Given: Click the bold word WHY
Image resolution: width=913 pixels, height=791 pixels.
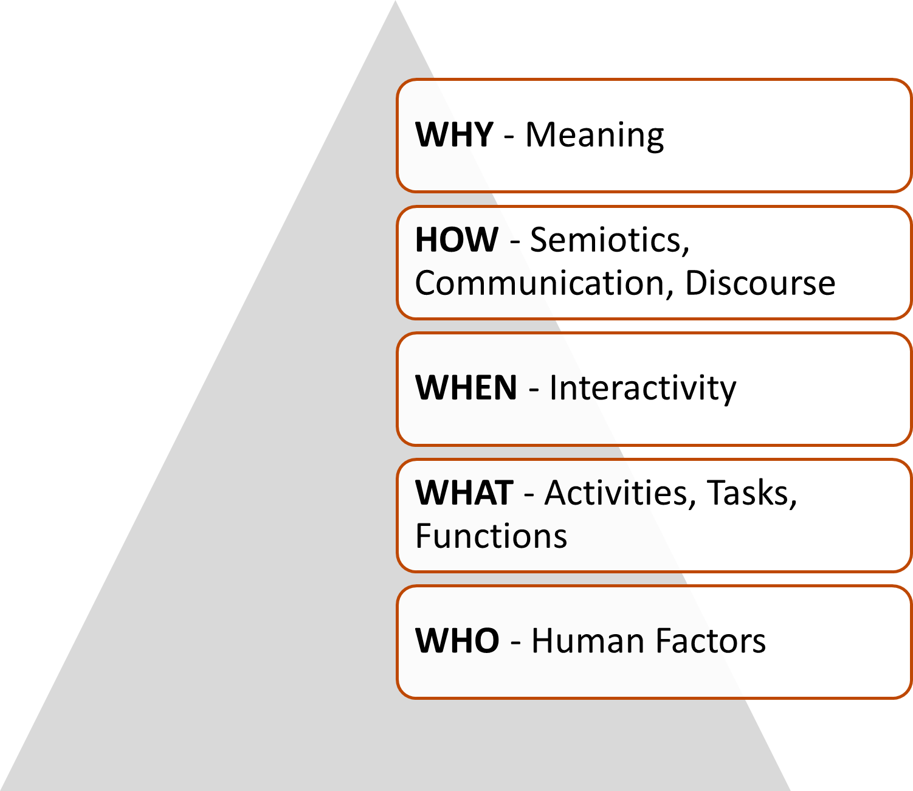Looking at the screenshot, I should click(x=453, y=134).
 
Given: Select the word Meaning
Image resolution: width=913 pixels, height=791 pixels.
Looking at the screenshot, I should click(x=594, y=136).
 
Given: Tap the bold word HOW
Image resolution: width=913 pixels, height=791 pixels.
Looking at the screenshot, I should click(x=456, y=240).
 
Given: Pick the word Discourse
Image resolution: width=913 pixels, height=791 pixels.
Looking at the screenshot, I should click(x=760, y=283).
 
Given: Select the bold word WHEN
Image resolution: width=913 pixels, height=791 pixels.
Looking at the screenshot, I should click(x=466, y=388).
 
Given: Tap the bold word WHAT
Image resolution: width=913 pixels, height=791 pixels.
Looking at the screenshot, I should click(x=464, y=492).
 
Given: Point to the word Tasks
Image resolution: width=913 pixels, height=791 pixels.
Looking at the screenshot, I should click(x=751, y=493).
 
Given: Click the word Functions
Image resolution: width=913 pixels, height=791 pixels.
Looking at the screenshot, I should click(x=491, y=536).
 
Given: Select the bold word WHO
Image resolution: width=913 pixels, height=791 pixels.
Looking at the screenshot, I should click(x=457, y=641).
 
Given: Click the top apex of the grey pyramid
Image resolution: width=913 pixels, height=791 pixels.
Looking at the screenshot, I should click(x=395, y=3).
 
